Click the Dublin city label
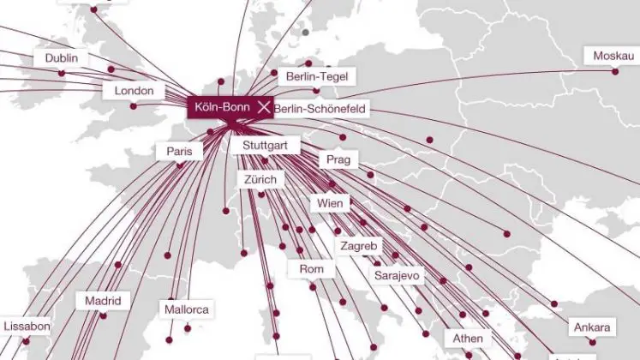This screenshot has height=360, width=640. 61,58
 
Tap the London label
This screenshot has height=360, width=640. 134,91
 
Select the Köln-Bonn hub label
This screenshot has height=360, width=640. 220,108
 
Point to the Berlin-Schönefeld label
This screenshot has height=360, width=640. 319,109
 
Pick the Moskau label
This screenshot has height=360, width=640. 614,57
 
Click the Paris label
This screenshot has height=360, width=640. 179,152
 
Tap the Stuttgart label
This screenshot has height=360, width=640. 266,147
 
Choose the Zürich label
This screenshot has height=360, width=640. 260,180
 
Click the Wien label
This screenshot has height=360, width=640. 330,204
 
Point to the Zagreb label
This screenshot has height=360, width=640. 358,246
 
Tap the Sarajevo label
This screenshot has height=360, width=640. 396,276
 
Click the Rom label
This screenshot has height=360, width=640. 311,269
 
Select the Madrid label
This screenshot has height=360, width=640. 103,302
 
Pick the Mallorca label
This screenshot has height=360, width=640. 188,309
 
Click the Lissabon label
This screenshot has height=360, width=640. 27,327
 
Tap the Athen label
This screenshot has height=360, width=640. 468,339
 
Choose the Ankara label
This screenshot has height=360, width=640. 592,328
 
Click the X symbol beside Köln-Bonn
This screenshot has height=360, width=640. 263,108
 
